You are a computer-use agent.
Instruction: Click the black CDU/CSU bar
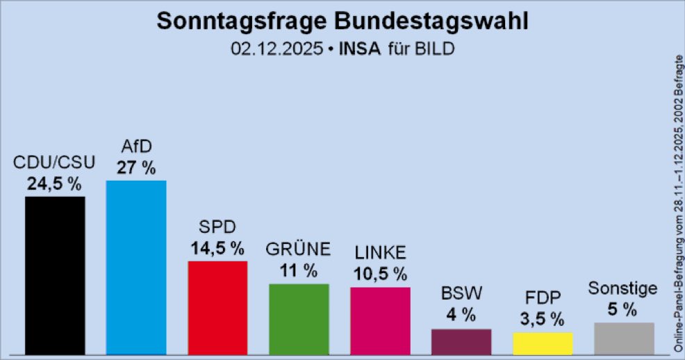55,275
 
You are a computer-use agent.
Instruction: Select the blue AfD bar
135,268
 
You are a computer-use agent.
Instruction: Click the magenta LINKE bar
380,320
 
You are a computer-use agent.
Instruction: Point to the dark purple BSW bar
461,341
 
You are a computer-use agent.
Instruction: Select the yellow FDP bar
543,343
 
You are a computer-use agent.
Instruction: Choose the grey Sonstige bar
624,338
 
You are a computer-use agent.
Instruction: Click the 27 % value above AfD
136,167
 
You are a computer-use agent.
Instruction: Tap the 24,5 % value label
55,184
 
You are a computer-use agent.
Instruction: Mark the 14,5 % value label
217,248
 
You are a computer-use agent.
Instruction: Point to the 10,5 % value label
380,274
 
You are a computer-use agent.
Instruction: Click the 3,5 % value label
543,320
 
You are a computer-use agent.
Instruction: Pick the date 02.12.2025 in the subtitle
275,49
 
